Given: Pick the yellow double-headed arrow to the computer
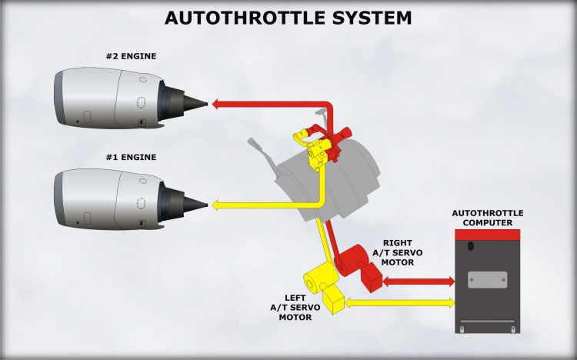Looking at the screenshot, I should pyautogui.click(x=399, y=303).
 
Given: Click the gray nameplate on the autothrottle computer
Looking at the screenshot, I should pyautogui.click(x=487, y=279).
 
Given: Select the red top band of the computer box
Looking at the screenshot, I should pyautogui.click(x=487, y=233).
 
